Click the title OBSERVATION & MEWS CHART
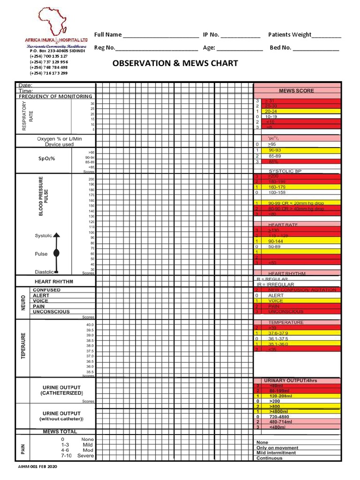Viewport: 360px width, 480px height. [175, 63]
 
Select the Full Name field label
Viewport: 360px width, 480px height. [108, 35]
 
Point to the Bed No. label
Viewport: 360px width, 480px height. [280, 47]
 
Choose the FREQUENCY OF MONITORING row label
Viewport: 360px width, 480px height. [55, 97]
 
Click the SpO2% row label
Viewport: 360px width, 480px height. [47, 158]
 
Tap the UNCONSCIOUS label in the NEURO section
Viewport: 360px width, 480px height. [51, 312]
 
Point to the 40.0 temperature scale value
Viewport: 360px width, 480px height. [90, 325]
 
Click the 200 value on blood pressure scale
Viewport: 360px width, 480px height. [91, 180]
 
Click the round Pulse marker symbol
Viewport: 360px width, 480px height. [56, 253]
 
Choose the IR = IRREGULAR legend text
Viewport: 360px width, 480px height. [275, 285]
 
